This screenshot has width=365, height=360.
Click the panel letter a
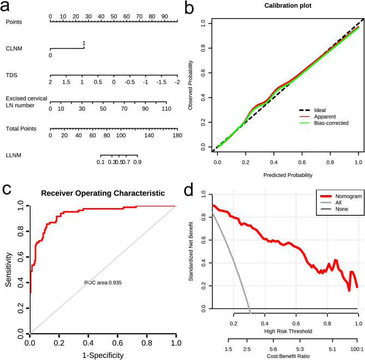click(5, 7)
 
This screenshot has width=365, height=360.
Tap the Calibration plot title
click(288, 5)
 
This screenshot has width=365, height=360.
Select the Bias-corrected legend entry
click(324, 123)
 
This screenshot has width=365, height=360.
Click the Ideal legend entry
click(312, 110)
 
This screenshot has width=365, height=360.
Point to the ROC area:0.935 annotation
click(103, 282)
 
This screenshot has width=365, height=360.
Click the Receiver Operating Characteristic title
click(103, 193)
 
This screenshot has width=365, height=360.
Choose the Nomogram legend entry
click(341, 196)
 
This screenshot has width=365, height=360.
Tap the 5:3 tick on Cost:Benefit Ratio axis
click(300, 349)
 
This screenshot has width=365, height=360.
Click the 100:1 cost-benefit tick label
click(357, 349)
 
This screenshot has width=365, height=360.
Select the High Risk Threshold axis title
click(288, 332)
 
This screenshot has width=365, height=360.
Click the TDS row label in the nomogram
click(11, 75)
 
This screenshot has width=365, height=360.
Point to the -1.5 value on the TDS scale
click(161, 82)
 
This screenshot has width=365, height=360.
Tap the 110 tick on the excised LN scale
click(166, 109)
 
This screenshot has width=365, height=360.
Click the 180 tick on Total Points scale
click(177, 135)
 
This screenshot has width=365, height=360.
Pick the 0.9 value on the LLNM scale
click(137, 162)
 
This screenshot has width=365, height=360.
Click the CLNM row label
click(14, 49)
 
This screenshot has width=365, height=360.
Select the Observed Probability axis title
click(190, 85)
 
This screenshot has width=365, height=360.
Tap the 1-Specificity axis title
click(103, 355)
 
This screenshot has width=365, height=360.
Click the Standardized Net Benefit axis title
click(191, 251)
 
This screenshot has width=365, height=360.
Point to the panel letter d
click(189, 191)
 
